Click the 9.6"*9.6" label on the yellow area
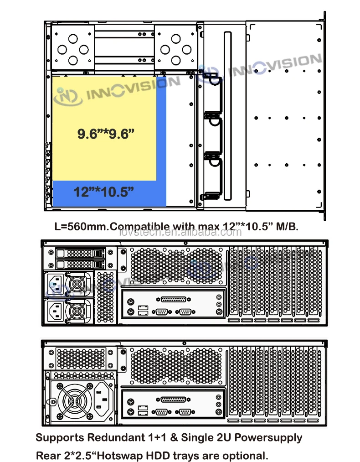tap(106, 134)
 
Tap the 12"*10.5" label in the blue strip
tap(104, 192)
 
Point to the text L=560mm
tap(75, 227)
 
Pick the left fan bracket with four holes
tap(72, 49)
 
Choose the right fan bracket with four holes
tap(176, 49)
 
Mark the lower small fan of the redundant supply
tap(77, 311)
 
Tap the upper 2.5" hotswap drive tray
tap(80, 253)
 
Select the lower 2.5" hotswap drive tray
tap(80, 264)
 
